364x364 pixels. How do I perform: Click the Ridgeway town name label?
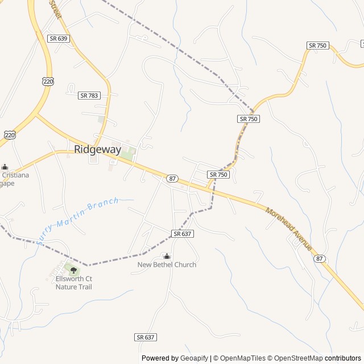click(97, 150)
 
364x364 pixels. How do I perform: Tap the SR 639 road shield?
click(58, 39)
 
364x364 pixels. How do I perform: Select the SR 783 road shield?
click(89, 96)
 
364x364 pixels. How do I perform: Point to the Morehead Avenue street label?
click(289, 229)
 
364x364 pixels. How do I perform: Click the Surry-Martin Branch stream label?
click(78, 220)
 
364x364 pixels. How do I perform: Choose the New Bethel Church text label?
click(167, 264)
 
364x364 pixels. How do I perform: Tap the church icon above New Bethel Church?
click(167, 257)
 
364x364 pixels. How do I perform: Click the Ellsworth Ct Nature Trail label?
click(74, 283)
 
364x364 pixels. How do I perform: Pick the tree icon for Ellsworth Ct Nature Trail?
click(73, 270)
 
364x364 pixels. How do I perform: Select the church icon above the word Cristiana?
click(5, 167)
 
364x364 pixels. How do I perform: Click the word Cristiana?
click(16, 175)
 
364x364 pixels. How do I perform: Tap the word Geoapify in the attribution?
click(195, 358)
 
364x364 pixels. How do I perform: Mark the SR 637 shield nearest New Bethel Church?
click(183, 234)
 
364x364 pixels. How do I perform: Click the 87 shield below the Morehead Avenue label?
click(320, 259)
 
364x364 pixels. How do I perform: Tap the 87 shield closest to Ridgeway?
click(172, 179)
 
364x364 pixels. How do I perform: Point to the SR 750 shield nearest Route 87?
click(218, 175)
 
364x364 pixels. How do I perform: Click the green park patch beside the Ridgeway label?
click(128, 153)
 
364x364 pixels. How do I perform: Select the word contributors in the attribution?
click(343, 358)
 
